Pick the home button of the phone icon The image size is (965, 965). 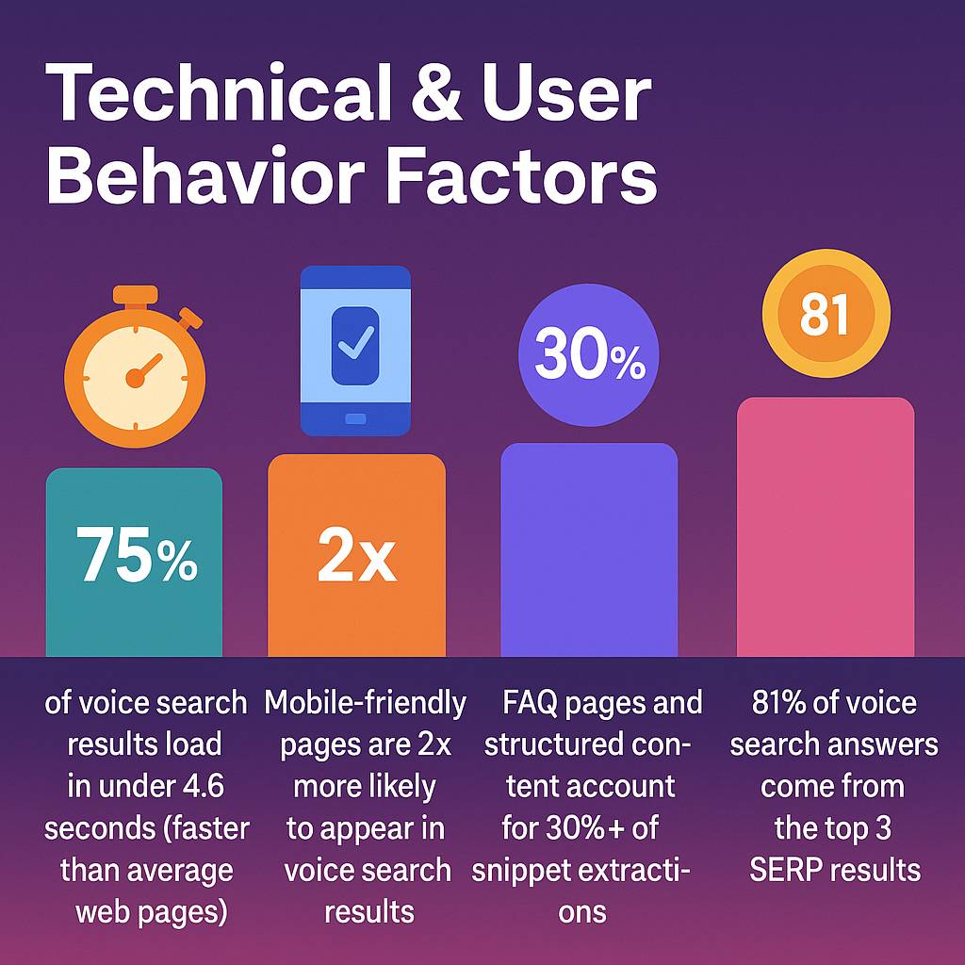(x=355, y=417)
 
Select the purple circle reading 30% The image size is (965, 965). (x=589, y=359)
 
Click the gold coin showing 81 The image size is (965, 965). (x=826, y=317)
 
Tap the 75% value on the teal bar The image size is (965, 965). (x=137, y=557)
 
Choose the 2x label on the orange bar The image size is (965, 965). (x=356, y=558)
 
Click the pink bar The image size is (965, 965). (x=826, y=528)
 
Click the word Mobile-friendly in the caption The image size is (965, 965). (x=366, y=703)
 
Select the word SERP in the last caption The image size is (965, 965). (x=787, y=869)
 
